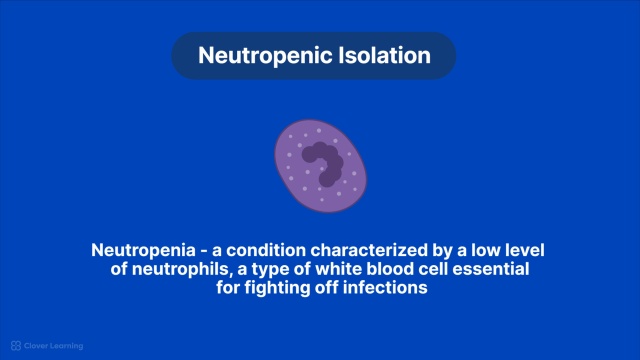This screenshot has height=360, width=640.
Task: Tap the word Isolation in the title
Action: click(385, 55)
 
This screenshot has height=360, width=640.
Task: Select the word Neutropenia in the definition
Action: click(143, 251)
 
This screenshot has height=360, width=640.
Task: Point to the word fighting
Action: click(278, 288)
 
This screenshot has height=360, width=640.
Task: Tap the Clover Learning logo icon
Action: click(16, 346)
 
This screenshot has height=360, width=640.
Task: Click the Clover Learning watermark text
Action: click(53, 346)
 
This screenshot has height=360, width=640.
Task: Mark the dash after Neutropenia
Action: click(204, 252)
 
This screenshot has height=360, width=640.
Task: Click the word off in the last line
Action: click(327, 287)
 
